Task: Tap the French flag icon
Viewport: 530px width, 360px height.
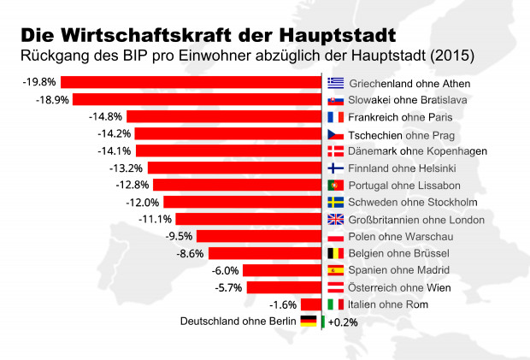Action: [x=336, y=117]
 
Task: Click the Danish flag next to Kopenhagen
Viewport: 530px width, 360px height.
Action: [x=336, y=151]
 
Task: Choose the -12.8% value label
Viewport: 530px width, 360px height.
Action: [x=132, y=185]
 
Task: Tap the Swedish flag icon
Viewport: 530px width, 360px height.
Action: [x=336, y=203]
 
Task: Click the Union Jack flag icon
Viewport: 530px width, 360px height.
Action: [x=336, y=220]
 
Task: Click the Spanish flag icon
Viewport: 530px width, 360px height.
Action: [x=336, y=270]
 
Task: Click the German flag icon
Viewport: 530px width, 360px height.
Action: [x=309, y=322]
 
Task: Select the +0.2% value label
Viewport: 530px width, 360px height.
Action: [x=343, y=322]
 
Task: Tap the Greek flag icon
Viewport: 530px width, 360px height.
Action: [x=336, y=83]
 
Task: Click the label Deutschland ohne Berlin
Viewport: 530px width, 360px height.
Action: [x=237, y=322]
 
